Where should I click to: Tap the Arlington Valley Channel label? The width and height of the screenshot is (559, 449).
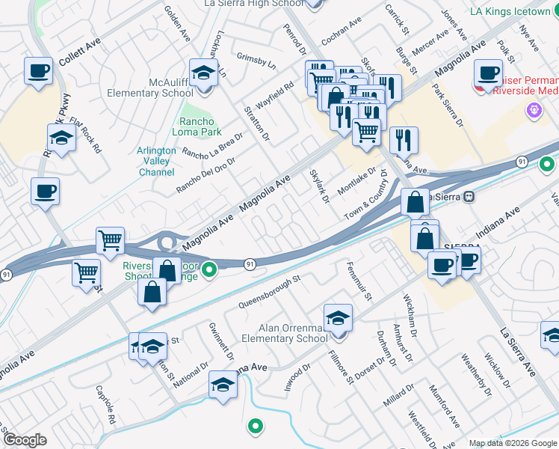(157, 161)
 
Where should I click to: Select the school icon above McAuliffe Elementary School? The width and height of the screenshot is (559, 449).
(203, 73)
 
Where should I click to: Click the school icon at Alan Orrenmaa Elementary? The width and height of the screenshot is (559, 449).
(338, 319)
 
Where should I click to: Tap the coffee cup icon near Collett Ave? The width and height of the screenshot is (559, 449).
(39, 72)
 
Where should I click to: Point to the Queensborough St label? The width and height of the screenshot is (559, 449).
(269, 292)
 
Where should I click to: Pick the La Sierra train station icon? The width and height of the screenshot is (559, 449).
(469, 197)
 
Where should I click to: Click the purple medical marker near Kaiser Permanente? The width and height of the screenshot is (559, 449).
(534, 112)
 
